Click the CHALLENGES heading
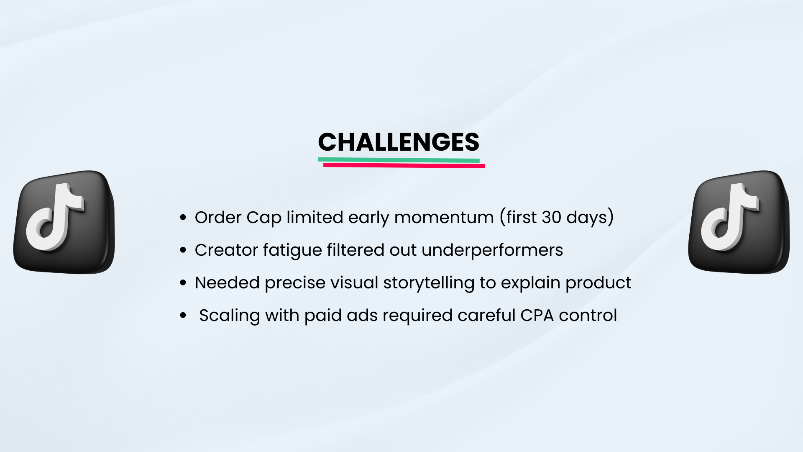pyautogui.click(x=399, y=142)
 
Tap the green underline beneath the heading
pyautogui.click(x=399, y=160)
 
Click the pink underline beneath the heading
pyautogui.click(x=404, y=166)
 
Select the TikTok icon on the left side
pyautogui.click(x=64, y=222)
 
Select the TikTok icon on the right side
pyautogui.click(x=739, y=222)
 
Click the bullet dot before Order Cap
pyautogui.click(x=183, y=218)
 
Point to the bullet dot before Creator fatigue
pyautogui.click(x=183, y=250)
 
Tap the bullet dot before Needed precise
pyautogui.click(x=183, y=283)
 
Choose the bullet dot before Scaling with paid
pyautogui.click(x=183, y=316)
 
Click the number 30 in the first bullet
pyautogui.click(x=551, y=217)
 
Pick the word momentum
pyautogui.click(x=444, y=218)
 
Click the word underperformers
pyautogui.click(x=492, y=250)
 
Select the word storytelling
pyautogui.click(x=429, y=283)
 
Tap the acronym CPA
pyautogui.click(x=537, y=316)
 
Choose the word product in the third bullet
pyautogui.click(x=598, y=283)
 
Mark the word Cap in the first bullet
pyautogui.click(x=264, y=218)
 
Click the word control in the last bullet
pyautogui.click(x=588, y=316)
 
